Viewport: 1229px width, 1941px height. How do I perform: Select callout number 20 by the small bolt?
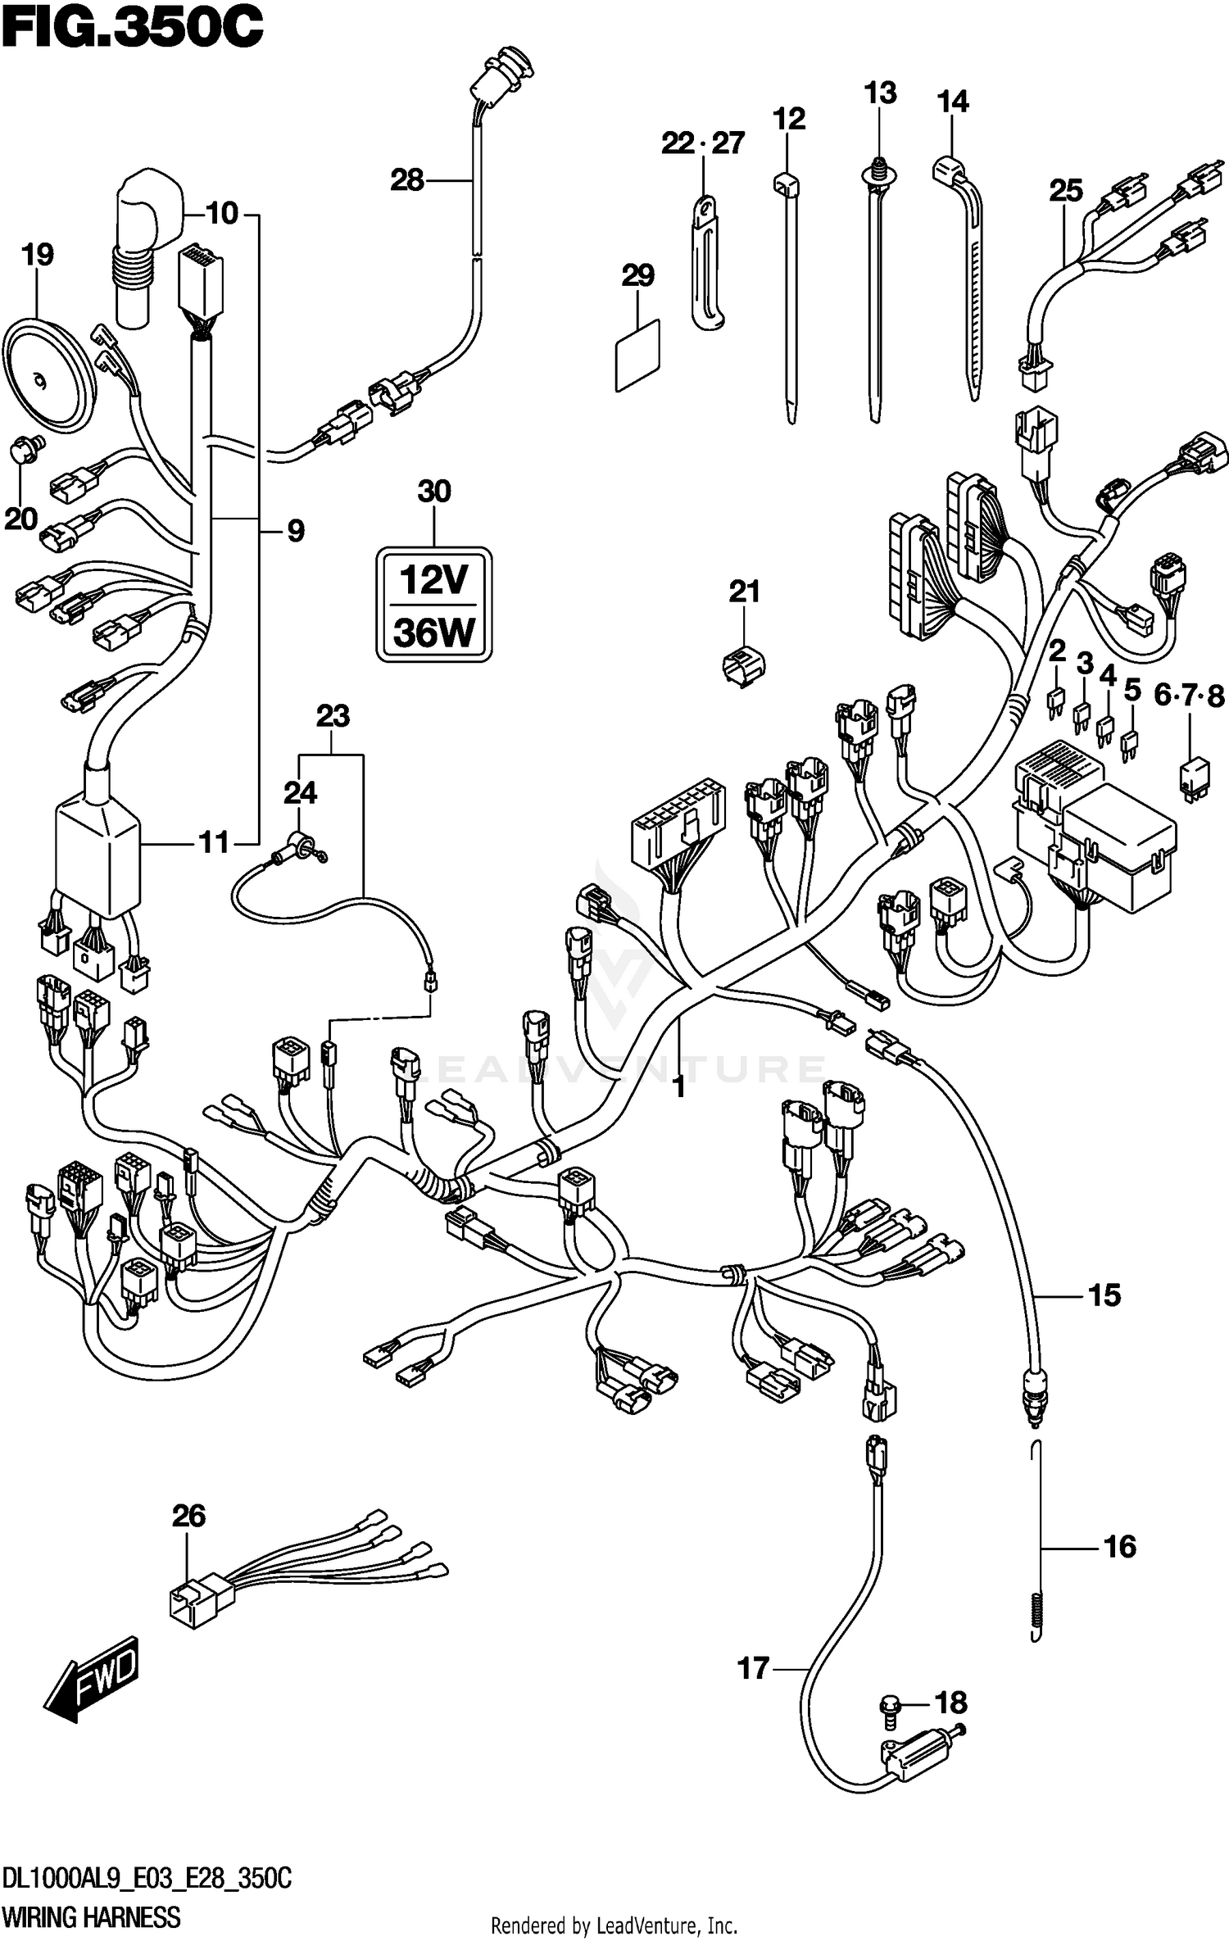21,519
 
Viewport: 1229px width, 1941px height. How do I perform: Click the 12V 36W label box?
434,605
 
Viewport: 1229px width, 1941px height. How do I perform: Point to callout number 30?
434,492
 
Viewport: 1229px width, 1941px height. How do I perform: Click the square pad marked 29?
637,355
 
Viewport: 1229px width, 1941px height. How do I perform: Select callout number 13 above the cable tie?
880,93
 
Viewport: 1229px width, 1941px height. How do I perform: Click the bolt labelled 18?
890,1705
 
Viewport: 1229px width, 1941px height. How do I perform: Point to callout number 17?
754,1668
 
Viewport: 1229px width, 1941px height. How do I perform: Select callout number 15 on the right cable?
1104,1295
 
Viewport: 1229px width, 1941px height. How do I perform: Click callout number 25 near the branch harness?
1066,191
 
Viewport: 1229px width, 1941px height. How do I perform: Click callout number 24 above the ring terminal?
300,792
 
